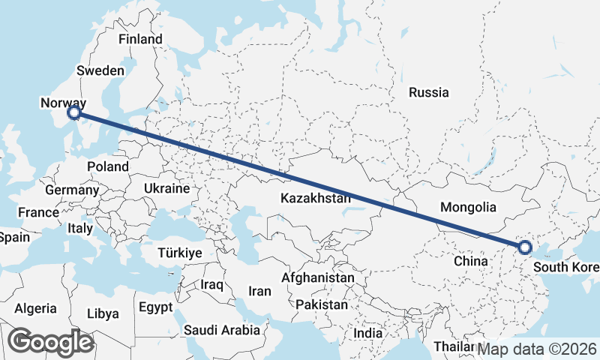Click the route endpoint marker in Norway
coord(73,113)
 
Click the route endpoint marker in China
coord(525,247)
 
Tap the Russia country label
coord(429,93)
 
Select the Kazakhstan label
coord(316,199)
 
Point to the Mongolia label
coord(469,207)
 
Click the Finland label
coord(140,39)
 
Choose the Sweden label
coord(100,70)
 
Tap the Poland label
coord(107,166)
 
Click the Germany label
coord(72,190)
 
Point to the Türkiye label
coord(180,253)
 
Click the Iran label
coord(259,291)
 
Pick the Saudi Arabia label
coord(222,330)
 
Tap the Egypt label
coord(156,307)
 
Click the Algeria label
coord(35,308)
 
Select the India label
coord(368,333)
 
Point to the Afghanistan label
coord(317,278)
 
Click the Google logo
coord(50,342)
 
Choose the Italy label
coord(79,228)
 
